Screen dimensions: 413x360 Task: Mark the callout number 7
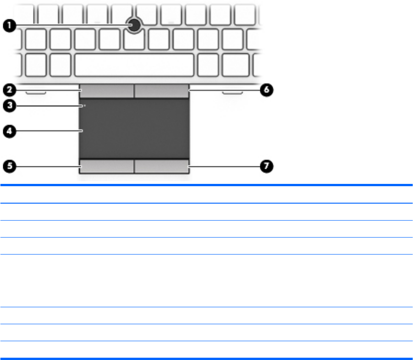point(267,166)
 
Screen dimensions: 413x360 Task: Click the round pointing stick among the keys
point(134,26)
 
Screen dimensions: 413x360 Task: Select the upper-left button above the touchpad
point(106,91)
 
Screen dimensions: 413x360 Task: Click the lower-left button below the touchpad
point(106,166)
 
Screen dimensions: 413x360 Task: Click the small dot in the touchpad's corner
point(85,106)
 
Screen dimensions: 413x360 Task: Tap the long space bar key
point(134,65)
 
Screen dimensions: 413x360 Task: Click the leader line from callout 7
point(225,166)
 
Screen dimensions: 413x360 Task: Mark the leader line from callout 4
point(48,131)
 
